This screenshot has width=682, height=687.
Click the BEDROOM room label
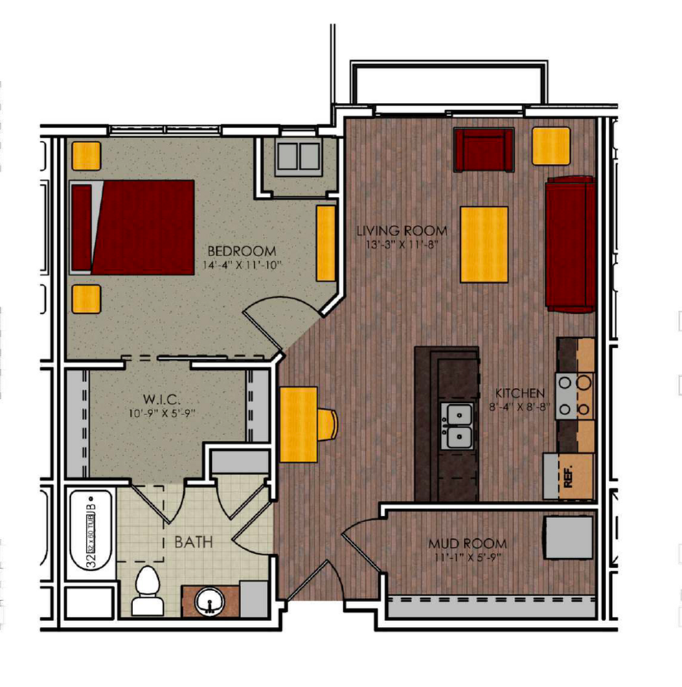(242, 251)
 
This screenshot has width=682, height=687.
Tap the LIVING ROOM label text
(402, 231)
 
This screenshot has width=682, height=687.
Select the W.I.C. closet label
(159, 399)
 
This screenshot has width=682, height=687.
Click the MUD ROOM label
(467, 543)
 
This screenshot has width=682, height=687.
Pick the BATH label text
(193, 542)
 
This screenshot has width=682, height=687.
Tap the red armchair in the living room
(484, 150)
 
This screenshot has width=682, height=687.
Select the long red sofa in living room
(570, 243)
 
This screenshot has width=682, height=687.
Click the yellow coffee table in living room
(484, 244)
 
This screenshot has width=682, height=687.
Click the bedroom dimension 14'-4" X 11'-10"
(242, 266)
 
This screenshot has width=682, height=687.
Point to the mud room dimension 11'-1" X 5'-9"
(467, 557)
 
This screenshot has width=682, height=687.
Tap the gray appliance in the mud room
(569, 537)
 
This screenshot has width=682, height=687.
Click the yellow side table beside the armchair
(551, 146)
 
